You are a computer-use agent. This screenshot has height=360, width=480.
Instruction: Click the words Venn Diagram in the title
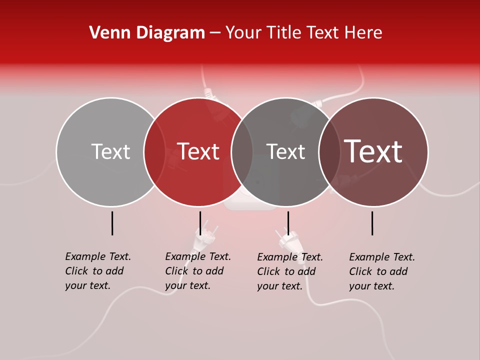147,33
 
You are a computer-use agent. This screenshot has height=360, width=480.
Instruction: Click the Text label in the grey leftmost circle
110,151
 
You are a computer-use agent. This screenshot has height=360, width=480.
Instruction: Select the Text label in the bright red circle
198,151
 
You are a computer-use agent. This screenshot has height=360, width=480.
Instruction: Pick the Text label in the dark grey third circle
285,151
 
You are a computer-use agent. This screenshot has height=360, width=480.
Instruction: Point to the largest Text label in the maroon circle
373,151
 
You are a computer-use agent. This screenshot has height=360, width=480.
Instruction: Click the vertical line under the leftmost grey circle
112,223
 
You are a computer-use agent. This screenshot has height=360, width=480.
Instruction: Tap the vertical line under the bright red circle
200,223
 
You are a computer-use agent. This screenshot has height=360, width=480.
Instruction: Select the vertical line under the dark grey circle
288,223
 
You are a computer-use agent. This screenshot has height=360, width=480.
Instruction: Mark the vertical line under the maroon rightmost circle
372,223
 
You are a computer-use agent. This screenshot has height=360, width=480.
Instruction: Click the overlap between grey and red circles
154,151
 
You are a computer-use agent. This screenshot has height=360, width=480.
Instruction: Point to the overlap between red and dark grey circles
242,151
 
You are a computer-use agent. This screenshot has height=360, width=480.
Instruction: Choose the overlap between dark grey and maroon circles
329,151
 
